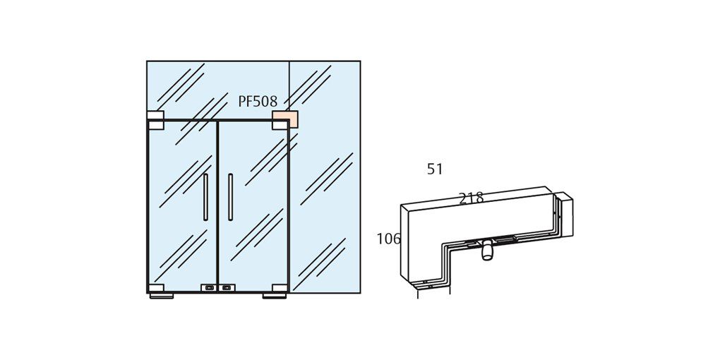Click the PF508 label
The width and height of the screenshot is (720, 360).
pos(258,102)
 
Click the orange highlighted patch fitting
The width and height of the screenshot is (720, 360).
pos(284,118)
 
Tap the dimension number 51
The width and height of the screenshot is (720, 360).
pos(435,169)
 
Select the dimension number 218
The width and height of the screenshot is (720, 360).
pos(471,198)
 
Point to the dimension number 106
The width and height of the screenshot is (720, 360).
pos(388,239)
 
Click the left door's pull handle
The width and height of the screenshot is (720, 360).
pos(205,197)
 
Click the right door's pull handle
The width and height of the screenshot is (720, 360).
pos(230,197)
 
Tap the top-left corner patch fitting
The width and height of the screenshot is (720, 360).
pos(155,119)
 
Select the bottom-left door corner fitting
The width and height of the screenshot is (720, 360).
pos(156,288)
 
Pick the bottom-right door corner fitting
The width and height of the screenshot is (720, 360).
pos(279,288)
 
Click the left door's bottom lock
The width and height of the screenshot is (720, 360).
pos(209,288)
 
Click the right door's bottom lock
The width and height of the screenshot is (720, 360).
pos(227,288)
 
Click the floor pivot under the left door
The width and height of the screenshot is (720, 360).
pos(162,296)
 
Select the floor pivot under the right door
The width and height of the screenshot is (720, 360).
pos(275,296)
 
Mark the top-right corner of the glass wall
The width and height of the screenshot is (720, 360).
pos(360,61)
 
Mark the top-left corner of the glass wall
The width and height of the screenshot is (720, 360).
pos(147,61)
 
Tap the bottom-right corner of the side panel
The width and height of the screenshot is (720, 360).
pos(360,292)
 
